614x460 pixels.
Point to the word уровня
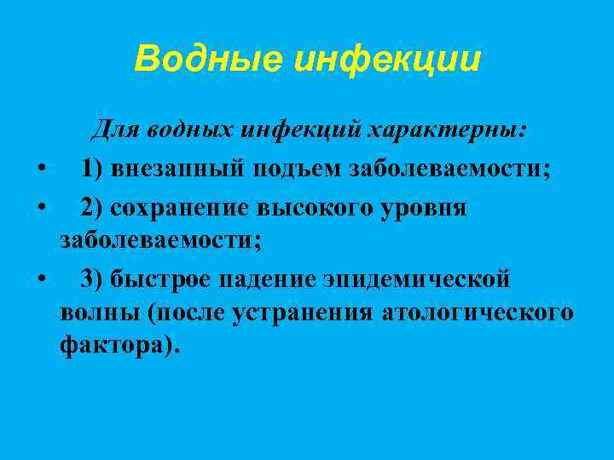tap(432, 207)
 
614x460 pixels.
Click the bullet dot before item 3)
tap(40, 279)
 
